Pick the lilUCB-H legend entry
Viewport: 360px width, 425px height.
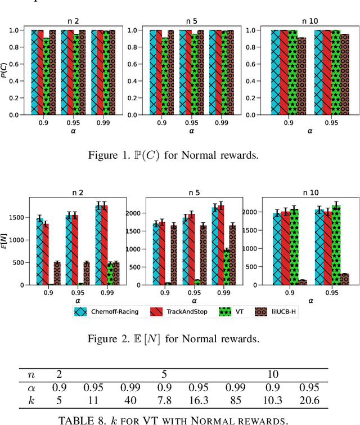click(275, 311)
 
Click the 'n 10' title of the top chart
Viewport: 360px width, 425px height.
click(309, 21)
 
